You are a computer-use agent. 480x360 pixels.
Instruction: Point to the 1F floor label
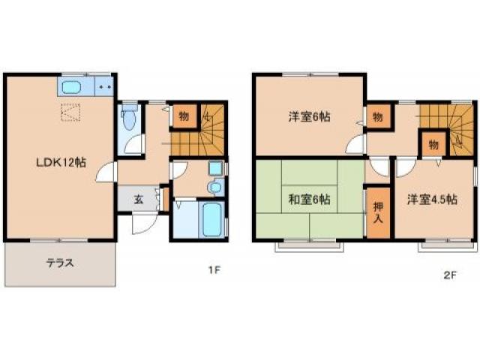(x=214, y=271)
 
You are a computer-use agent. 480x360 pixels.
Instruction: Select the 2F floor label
(x=449, y=274)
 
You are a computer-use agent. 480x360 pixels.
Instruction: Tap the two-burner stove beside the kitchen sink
(x=104, y=86)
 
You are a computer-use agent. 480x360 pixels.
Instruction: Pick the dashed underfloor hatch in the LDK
(x=71, y=113)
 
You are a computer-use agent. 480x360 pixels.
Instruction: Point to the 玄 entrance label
(x=139, y=199)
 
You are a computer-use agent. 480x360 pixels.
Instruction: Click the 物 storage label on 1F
(x=182, y=116)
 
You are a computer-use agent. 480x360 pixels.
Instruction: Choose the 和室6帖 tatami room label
(x=308, y=199)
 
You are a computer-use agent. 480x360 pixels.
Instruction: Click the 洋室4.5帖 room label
(x=431, y=199)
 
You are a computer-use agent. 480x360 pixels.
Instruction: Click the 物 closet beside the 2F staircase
(x=433, y=143)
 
